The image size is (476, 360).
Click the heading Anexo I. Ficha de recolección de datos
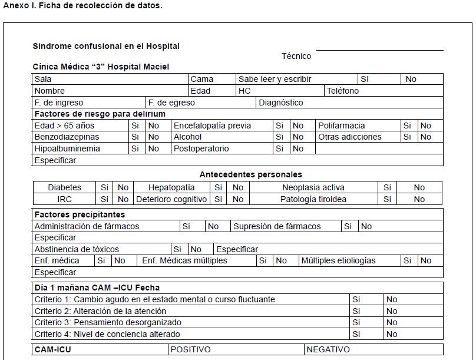pos(82,6)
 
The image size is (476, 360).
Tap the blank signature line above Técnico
pos(379,50)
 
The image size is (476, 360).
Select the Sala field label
pos(43,79)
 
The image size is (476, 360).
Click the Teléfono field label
pos(343,91)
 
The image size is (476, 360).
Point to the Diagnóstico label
pos(281,103)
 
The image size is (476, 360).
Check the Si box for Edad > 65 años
pos(135,125)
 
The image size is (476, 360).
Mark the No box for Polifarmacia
pos(425,125)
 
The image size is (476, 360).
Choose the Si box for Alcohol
pos(280,137)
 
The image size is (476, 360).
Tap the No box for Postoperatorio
pos(298,148)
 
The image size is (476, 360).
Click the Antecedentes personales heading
pos(250,174)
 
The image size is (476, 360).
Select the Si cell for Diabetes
pos(104,187)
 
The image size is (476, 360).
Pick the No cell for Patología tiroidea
pos(419,199)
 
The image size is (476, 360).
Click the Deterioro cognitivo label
pos(171,199)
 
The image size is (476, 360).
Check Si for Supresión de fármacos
pos(348,226)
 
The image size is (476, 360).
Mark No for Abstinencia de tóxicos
pos(196,249)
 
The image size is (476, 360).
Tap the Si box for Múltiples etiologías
pos(407,260)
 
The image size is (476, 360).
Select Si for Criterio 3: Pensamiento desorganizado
pos(356,322)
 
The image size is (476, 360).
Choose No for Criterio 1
pos(392,299)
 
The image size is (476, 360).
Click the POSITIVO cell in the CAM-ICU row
pos(191,349)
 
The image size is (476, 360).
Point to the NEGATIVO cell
pos(328,349)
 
